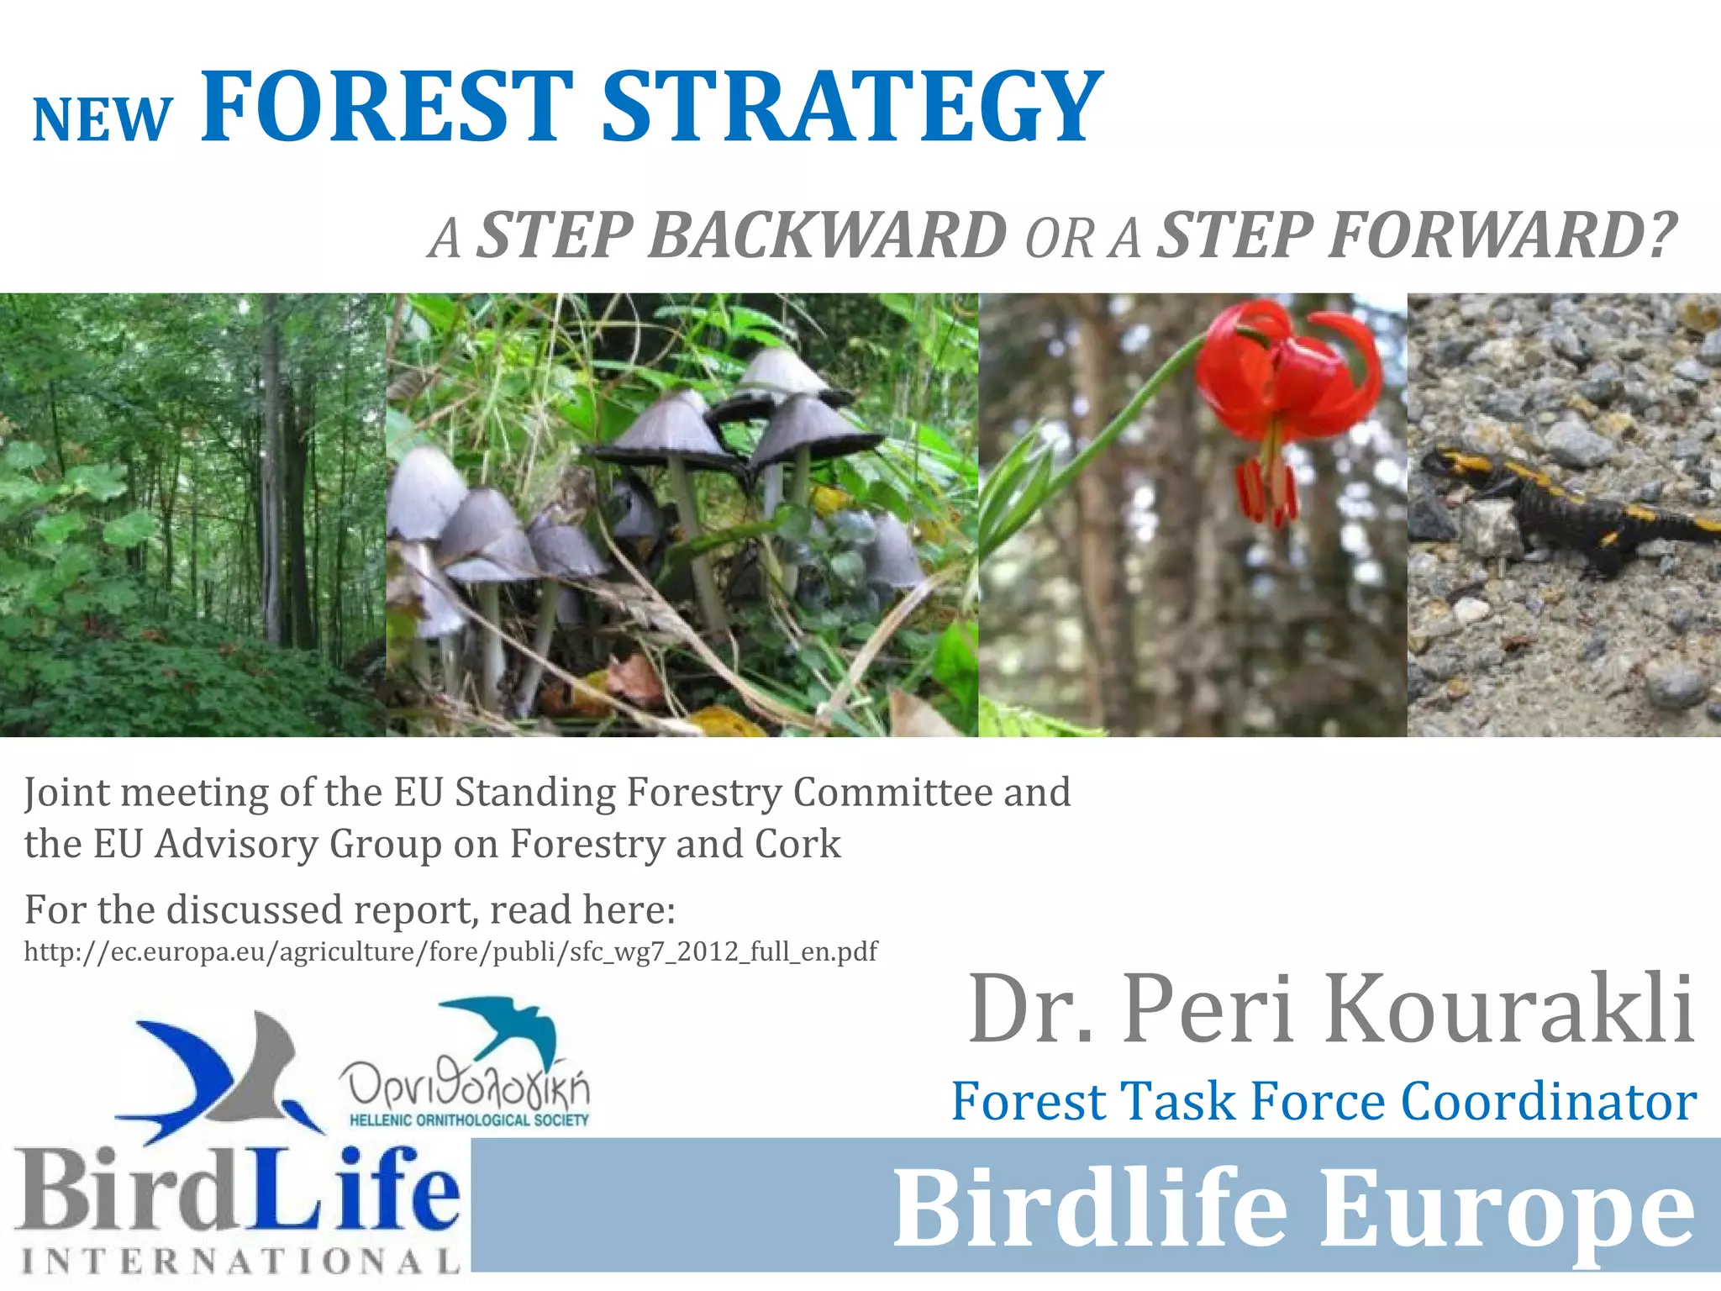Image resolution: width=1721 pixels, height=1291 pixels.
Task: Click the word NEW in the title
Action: [102, 120]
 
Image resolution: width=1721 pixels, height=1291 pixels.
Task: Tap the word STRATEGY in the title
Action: [851, 107]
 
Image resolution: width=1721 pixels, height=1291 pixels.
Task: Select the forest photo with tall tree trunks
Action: [192, 514]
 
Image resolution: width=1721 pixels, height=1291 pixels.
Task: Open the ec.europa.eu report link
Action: [450, 951]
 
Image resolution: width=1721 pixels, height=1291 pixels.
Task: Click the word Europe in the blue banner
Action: [1508, 1209]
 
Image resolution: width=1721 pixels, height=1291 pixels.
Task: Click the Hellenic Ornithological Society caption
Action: [469, 1120]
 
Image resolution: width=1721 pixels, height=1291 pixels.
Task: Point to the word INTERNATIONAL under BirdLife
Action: [240, 1261]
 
